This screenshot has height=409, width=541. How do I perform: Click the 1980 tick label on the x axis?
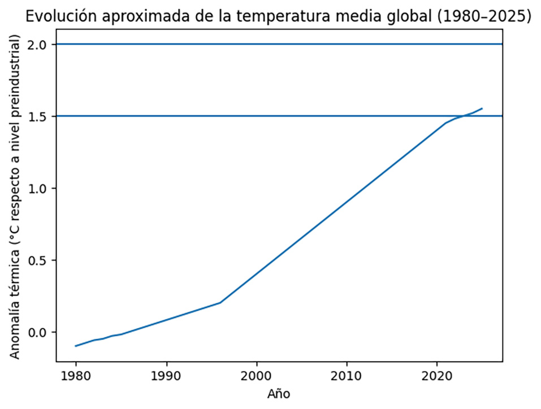[76, 375]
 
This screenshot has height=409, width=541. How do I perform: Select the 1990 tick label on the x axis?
[166, 375]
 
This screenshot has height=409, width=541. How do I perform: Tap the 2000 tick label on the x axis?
[257, 375]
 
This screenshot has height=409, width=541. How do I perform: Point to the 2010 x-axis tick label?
[347, 375]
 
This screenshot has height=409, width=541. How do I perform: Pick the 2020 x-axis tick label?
[436, 375]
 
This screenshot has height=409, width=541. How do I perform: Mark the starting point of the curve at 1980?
[76, 346]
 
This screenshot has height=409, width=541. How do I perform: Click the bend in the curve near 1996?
[220, 302]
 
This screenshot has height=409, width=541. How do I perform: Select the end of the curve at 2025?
[482, 108]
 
